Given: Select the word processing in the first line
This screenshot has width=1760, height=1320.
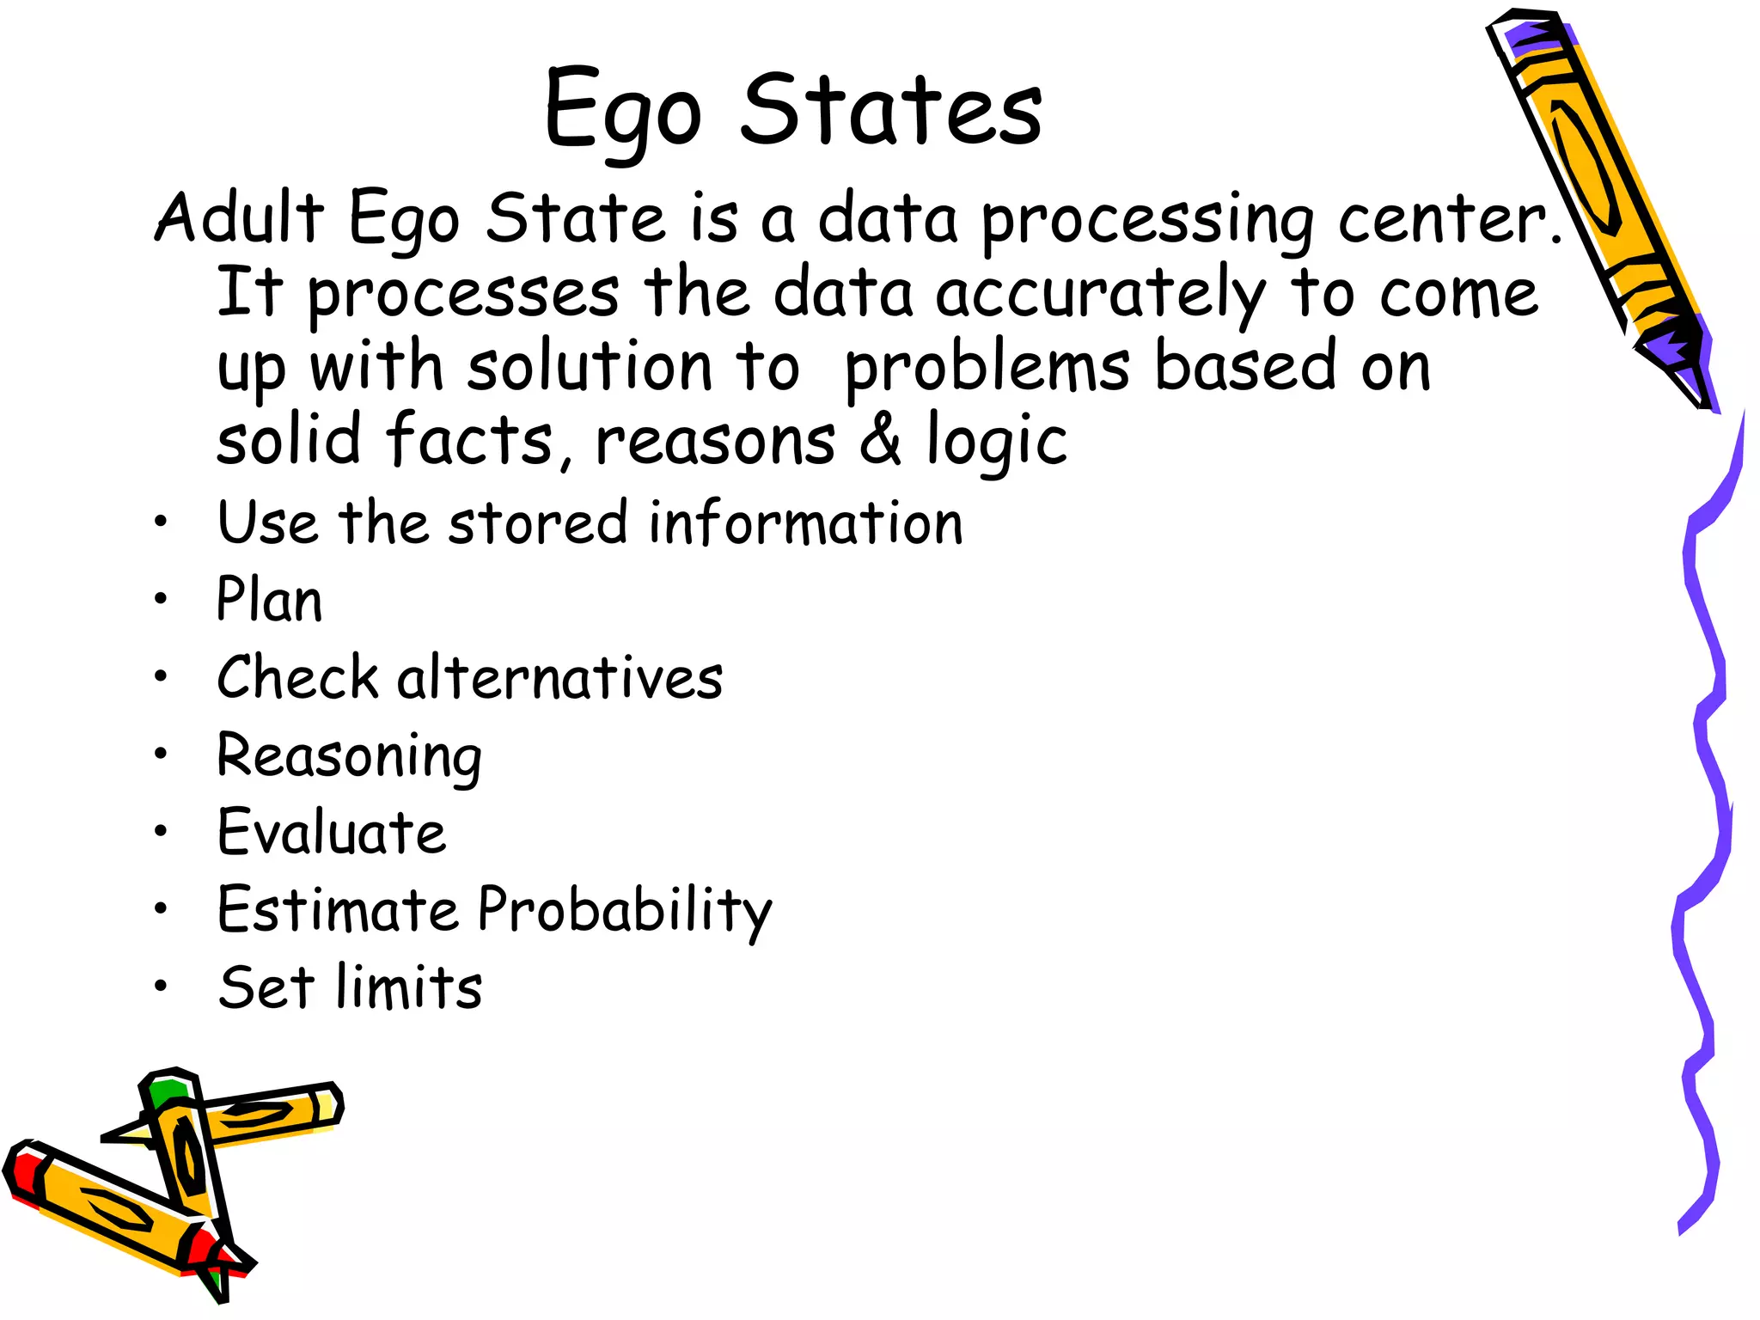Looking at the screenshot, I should [1147, 221].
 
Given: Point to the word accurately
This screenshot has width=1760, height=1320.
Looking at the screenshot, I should [1100, 294].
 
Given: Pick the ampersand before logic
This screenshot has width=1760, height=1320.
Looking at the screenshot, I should [880, 440].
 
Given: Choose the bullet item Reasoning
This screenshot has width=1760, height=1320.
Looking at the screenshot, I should [349, 757].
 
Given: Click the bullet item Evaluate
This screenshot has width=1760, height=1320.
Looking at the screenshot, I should [332, 832].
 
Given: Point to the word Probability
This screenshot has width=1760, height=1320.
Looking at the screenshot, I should [625, 911].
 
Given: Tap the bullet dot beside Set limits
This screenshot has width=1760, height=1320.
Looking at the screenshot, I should [161, 986].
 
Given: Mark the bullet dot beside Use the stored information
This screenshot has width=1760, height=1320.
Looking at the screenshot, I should [161, 522].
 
